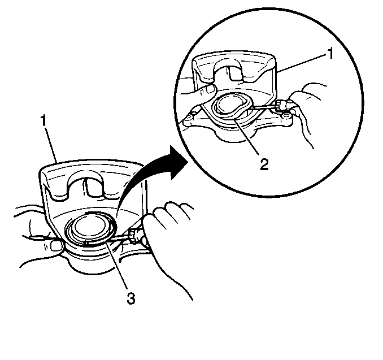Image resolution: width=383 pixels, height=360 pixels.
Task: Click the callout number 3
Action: [x=131, y=298]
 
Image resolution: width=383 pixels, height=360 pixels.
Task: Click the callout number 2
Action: [x=264, y=164]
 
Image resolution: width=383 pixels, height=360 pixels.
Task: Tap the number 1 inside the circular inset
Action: [x=330, y=54]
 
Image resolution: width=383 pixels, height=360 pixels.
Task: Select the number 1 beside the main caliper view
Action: [x=43, y=120]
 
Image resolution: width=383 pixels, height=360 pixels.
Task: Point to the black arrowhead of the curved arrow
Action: [x=179, y=163]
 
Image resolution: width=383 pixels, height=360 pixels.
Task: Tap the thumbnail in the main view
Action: [x=56, y=246]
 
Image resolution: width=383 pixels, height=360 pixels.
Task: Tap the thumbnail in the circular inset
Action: [x=210, y=89]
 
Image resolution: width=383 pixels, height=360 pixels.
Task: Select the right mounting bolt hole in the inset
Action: [x=285, y=114]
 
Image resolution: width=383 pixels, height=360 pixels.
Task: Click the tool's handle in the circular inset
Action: [x=280, y=105]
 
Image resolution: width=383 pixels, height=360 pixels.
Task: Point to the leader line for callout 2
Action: [x=246, y=136]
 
